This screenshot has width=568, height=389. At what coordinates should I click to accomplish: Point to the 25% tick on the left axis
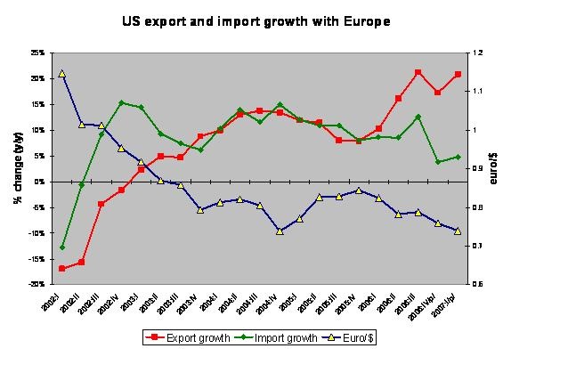point(37,53)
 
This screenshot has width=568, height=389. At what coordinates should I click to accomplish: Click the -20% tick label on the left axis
point(37,285)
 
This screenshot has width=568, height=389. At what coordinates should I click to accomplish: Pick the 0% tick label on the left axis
point(40,182)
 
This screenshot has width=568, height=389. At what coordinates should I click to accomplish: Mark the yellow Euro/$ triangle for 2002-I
point(62,74)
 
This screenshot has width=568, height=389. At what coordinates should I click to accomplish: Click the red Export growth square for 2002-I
point(62,268)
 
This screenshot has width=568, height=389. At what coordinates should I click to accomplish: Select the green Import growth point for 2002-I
point(62,247)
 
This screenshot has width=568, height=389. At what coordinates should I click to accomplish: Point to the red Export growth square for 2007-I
point(458,75)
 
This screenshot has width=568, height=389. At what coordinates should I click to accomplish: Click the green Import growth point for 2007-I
point(458,157)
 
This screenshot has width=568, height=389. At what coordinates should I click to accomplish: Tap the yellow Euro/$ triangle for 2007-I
point(458,231)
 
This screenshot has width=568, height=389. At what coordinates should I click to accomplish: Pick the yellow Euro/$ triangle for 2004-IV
point(280,231)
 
